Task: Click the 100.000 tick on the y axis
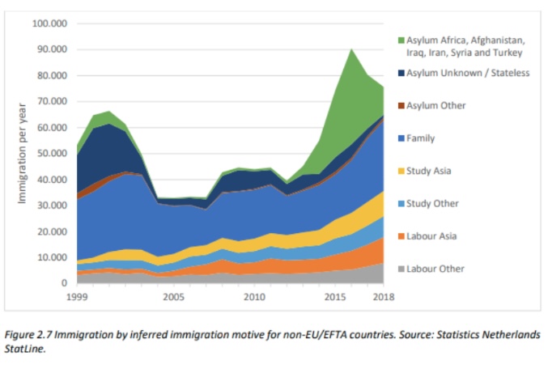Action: pos(49,23)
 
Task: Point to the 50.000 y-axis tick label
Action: pos(52,154)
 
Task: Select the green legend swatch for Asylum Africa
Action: pos(401,40)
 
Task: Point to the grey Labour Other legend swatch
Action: pos(401,269)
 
